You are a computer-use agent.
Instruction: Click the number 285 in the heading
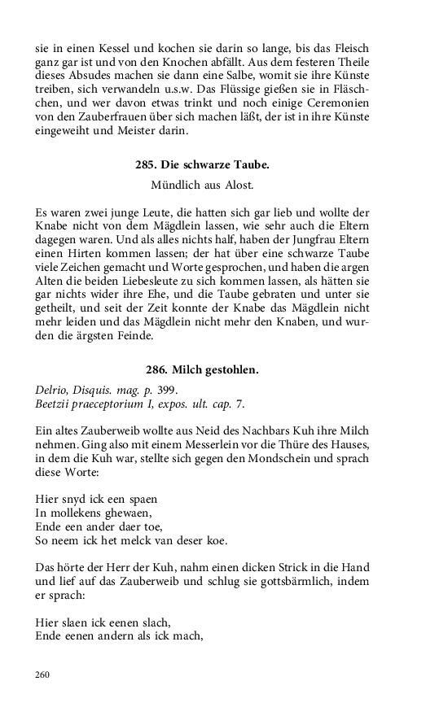(145, 164)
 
